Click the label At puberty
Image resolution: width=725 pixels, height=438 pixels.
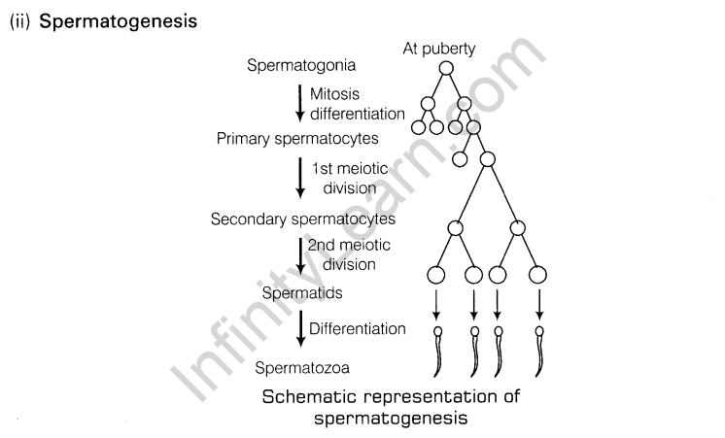point(439,49)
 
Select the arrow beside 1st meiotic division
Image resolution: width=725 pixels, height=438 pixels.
point(300,178)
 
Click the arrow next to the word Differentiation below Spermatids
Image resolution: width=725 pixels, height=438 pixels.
point(300,328)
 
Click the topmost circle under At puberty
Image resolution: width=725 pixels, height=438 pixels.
point(446,68)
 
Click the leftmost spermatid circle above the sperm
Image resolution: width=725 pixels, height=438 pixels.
point(435,276)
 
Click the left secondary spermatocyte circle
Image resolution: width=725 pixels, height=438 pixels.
point(454,227)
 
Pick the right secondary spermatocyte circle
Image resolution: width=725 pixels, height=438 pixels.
point(518,227)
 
